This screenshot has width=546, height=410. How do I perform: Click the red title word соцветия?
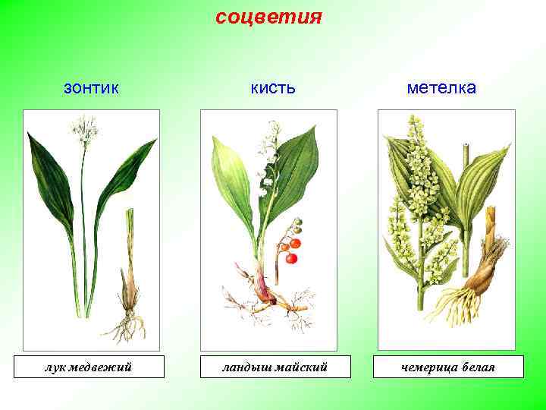point(269,16)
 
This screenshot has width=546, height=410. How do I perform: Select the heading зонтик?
point(91,88)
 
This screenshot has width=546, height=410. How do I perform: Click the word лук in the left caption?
point(55,367)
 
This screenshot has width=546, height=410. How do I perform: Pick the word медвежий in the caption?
point(101,367)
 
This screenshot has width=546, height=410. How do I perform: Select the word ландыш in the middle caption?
point(245,367)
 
